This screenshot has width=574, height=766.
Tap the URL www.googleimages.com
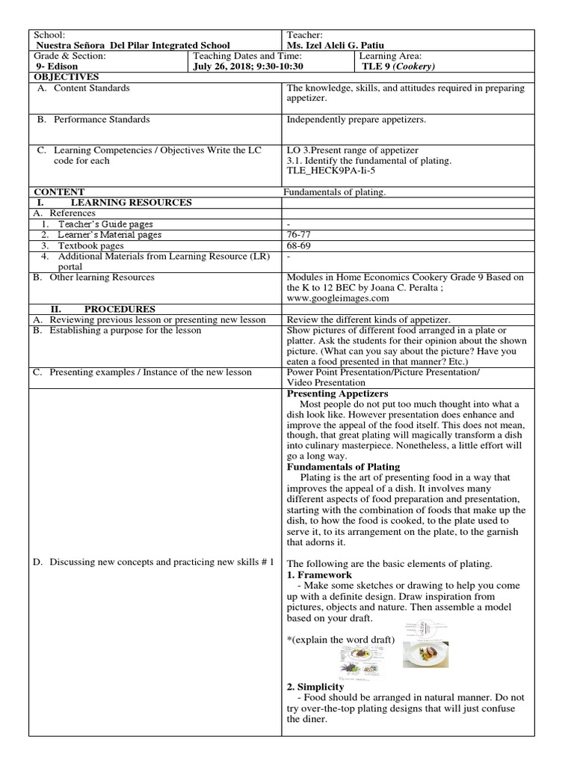(339, 298)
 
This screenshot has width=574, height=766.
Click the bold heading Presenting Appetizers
(338, 393)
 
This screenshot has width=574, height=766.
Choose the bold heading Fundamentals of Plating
(344, 467)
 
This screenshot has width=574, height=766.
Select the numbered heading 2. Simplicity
(315, 686)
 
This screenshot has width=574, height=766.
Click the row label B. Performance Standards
(93, 119)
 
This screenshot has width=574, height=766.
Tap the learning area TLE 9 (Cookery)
(397, 66)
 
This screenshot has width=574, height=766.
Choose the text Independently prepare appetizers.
(357, 119)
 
